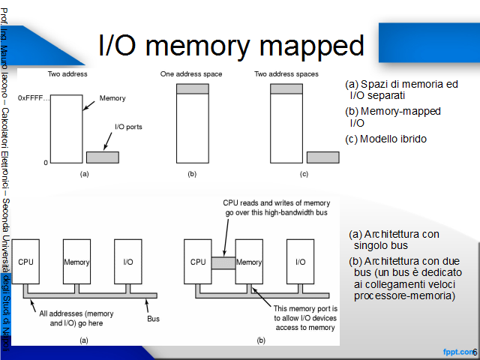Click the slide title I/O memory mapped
tap(231, 45)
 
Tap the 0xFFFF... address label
tap(34, 98)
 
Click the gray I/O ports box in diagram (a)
tap(103, 157)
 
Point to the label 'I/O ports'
tap(128, 127)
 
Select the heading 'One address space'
tap(191, 74)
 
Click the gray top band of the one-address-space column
tap(193, 88)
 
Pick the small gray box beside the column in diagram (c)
tap(323, 157)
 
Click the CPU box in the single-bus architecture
tap(25, 262)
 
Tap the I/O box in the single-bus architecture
tap(128, 262)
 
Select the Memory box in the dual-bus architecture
tap(249, 262)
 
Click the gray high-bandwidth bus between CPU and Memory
tap(223, 263)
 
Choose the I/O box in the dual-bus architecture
tap(300, 262)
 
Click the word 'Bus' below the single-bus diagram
tap(153, 319)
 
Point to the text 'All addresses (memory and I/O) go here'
tap(76, 318)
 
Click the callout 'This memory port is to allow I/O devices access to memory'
tap(305, 318)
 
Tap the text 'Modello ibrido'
tap(393, 139)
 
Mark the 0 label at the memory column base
tap(46, 163)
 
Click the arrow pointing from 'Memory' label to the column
tap(88, 106)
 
